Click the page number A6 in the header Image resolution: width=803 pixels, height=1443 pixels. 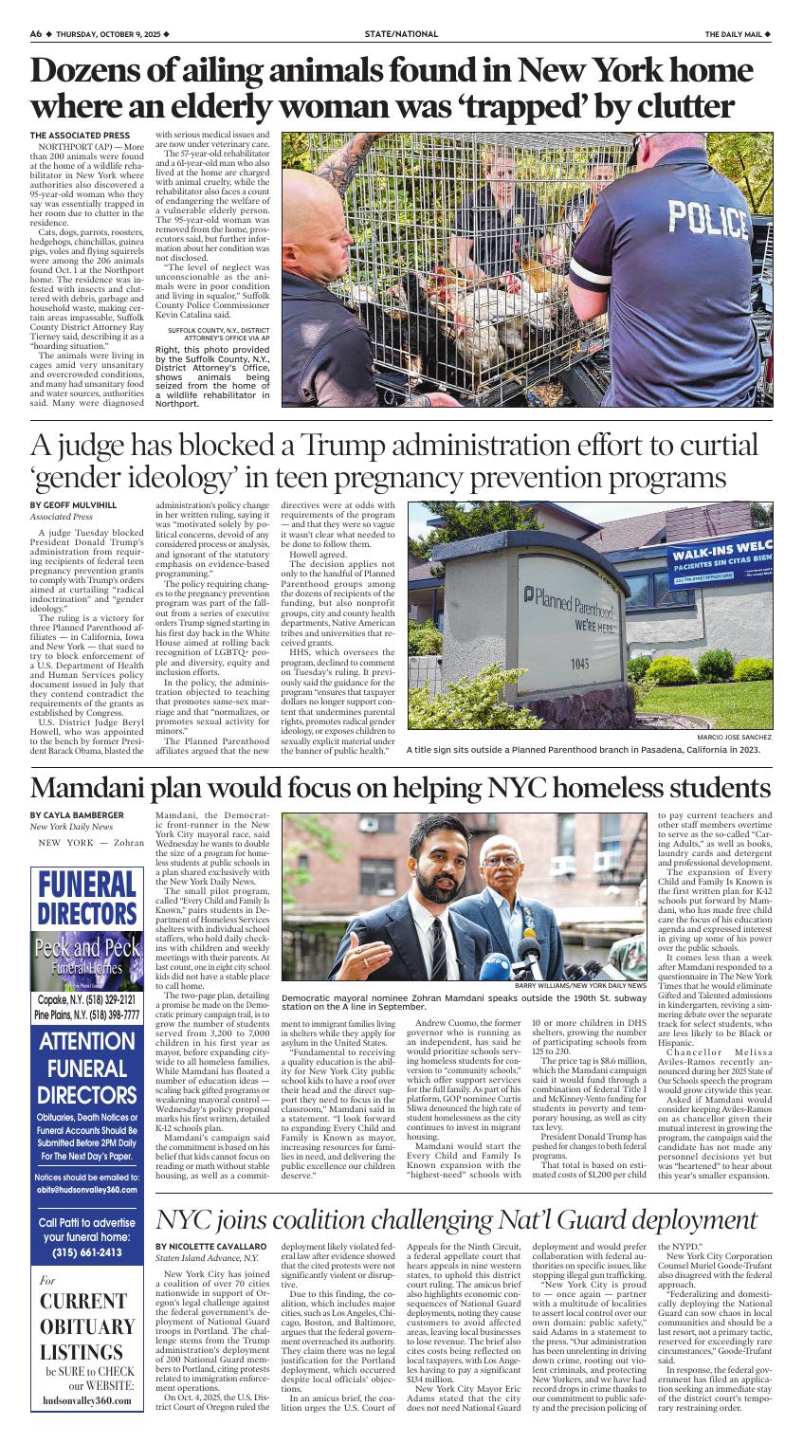pyautogui.click(x=35, y=34)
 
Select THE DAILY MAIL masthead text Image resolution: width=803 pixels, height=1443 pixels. pyautogui.click(x=734, y=34)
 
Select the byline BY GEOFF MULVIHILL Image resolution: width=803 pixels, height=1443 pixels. pyautogui.click(x=73, y=505)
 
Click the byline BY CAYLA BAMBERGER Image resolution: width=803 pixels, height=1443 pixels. pyautogui.click(x=77, y=815)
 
